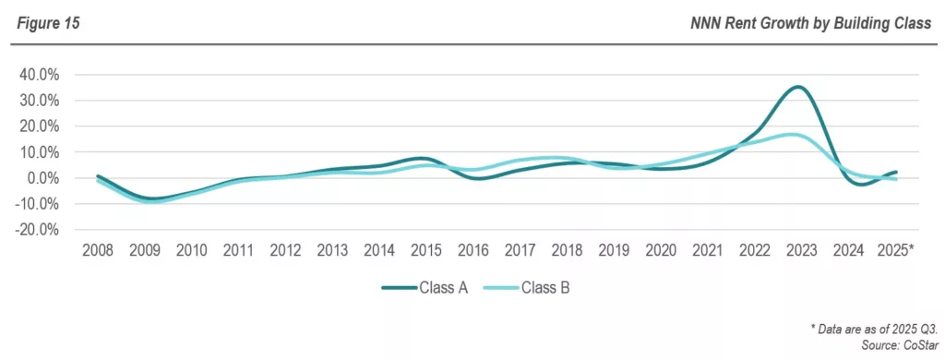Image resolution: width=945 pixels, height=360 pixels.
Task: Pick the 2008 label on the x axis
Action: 97,250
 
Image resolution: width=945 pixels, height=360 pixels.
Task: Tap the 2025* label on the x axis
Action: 894,250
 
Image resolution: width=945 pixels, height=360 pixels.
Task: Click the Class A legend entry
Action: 425,288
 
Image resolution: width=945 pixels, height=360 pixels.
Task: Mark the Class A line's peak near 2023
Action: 798,87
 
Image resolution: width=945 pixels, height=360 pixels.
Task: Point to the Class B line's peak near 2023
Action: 795,135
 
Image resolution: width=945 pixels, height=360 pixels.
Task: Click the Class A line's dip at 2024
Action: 859,185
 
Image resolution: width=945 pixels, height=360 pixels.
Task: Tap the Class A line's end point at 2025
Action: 895,172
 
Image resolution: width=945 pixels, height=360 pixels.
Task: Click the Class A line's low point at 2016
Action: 475,178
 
